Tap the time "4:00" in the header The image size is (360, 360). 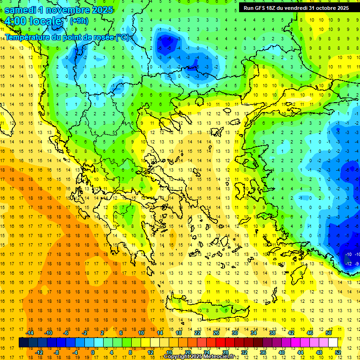[15, 22]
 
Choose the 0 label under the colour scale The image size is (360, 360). [92, 352]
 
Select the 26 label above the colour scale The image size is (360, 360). [216, 333]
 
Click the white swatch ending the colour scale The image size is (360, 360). [333, 343]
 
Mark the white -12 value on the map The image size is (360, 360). [348, 264]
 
